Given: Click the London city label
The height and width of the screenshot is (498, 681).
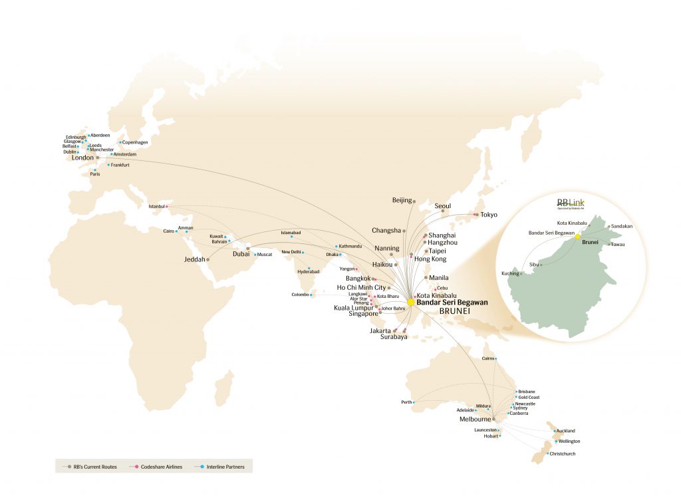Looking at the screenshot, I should point(82,158).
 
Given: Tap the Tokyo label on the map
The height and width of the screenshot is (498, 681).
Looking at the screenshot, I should point(489,215).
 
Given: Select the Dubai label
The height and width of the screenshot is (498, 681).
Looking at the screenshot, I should point(240,254).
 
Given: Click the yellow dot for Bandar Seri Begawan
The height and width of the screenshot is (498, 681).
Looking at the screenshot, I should point(411,302).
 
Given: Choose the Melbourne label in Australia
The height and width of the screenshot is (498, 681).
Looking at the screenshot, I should point(475,420).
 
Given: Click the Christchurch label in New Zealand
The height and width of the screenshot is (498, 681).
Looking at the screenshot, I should point(563,454).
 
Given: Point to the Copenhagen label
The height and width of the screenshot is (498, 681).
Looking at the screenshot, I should point(136,142).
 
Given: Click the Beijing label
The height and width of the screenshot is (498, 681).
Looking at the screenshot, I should point(402,200).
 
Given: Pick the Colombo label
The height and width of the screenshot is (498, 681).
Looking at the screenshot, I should point(300,295).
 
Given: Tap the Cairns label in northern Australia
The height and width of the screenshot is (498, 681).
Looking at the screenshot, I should point(487,359).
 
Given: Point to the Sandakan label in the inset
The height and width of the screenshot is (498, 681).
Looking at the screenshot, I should point(621,226).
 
